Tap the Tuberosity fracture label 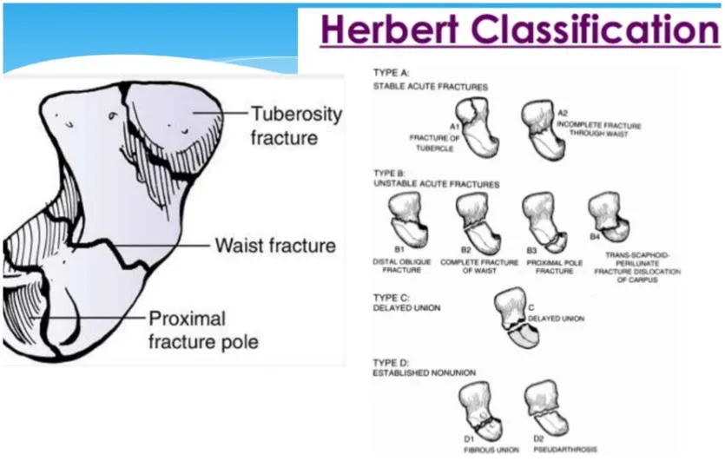296,125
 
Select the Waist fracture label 276,246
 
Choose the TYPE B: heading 392,173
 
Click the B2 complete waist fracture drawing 474,221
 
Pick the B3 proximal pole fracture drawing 543,221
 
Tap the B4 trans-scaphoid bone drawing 609,218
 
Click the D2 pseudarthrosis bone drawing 547,408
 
